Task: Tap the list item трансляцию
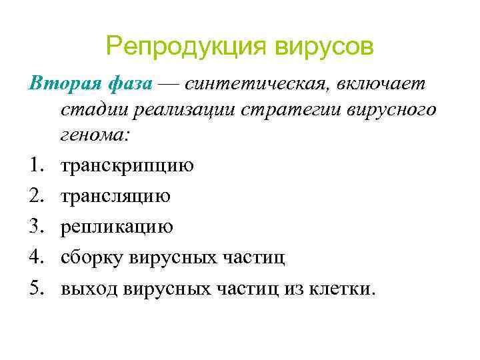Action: coord(115,196)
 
